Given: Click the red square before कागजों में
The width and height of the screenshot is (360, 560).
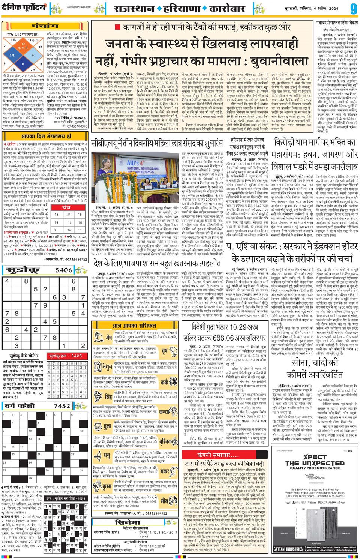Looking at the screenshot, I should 117,27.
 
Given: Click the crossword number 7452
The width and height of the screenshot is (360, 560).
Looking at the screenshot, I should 62,406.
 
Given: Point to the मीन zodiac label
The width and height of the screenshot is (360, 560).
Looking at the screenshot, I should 164,500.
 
